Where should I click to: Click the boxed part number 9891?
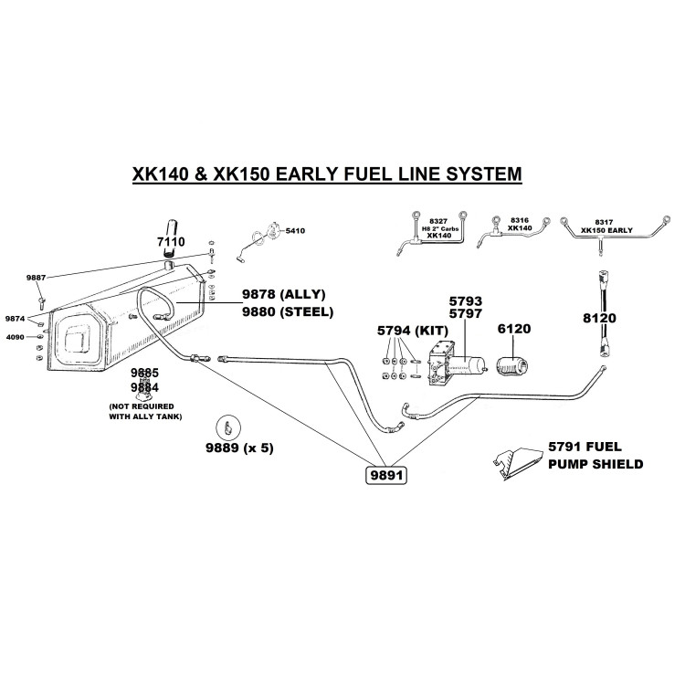[385, 476]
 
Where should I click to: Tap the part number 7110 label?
[171, 242]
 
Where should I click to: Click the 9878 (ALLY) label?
[283, 294]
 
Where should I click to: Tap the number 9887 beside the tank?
[36, 274]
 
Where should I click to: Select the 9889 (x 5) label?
[239, 448]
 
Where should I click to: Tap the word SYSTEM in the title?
[482, 172]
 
